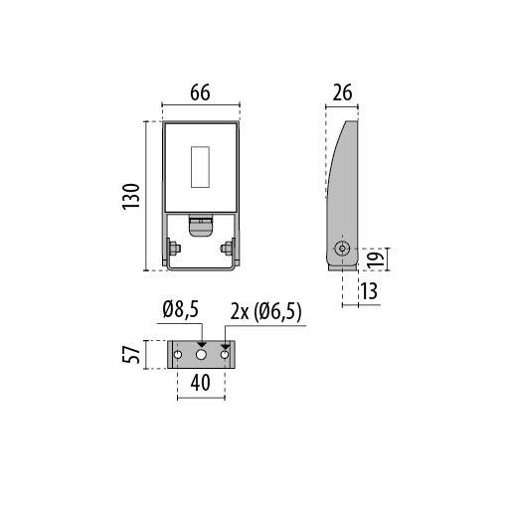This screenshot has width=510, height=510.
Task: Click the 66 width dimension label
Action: tap(200, 92)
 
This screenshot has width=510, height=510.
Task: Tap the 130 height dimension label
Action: tap(131, 196)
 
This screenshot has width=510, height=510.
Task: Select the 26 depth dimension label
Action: tap(342, 92)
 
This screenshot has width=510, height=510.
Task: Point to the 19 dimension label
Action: tap(376, 259)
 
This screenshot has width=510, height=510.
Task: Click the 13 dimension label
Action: tap(369, 291)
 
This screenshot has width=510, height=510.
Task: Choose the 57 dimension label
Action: tap(131, 354)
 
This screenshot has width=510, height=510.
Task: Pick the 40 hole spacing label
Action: tap(200, 383)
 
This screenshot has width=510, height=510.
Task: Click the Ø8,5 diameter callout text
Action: tap(181, 310)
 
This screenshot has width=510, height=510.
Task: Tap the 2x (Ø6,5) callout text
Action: tap(266, 312)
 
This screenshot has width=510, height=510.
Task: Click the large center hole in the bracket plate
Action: tap(201, 355)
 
